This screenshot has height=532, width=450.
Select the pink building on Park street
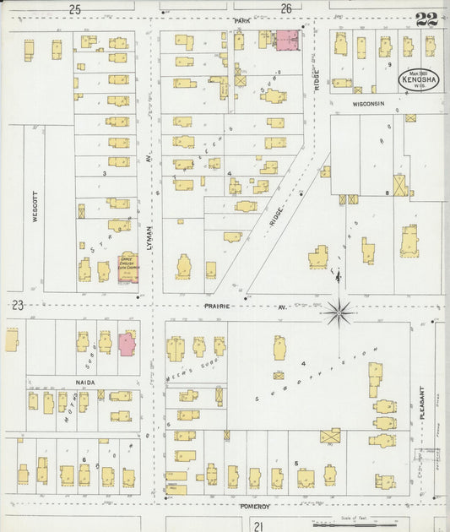point(288,39)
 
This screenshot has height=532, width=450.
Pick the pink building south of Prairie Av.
point(127,344)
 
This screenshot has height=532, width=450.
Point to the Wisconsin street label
point(368,103)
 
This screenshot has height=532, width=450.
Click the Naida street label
point(86,383)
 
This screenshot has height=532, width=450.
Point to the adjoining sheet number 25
point(75,9)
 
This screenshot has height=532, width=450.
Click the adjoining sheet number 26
point(286,9)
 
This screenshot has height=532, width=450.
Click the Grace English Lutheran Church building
point(128,269)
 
